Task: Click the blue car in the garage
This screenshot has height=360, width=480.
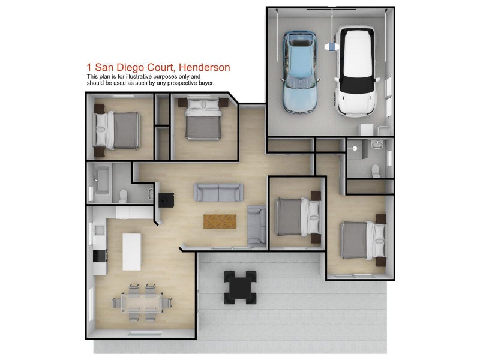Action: pos(300,72)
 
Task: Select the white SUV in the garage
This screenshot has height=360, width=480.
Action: pos(356,71)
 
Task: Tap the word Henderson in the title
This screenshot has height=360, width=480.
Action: pos(204,67)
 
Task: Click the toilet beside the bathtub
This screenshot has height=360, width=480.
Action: pos(123,196)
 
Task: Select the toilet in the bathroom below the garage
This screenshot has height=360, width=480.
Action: pos(376,171)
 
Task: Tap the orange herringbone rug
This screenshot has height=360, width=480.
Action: pos(220,221)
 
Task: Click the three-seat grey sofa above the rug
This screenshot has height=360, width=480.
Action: pos(218,192)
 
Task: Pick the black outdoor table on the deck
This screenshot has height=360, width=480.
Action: pos(241,287)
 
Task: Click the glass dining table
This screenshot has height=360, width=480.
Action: pos(142,303)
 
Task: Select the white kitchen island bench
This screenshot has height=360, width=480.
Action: pos(132,251)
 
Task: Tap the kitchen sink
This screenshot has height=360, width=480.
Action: pos(99,230)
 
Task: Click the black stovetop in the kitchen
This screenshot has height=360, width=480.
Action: pos(100,256)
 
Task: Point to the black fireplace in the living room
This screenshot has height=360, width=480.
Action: pos(166,200)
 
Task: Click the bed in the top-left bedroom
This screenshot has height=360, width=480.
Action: pos(116,130)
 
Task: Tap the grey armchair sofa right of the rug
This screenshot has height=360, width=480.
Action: pos(257,226)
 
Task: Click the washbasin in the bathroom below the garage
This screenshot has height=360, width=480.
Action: pos(376,144)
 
